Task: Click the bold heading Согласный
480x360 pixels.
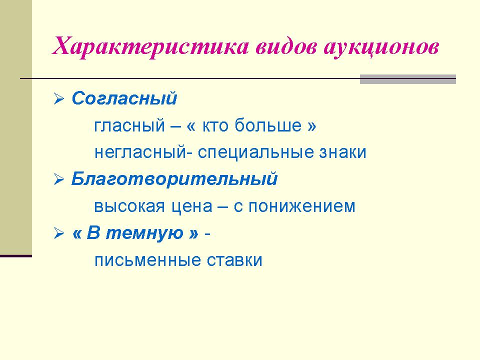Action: coord(124,98)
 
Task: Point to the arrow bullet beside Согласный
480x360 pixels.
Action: coord(59,98)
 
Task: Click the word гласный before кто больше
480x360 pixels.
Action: coord(129,126)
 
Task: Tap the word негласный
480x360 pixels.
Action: coord(140,152)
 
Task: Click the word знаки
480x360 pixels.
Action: coord(343,152)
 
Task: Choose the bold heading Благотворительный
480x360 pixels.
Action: coord(174,178)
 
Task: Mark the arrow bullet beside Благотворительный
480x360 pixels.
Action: coord(59,179)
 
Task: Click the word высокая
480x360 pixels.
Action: coord(129,206)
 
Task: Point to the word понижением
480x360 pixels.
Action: coord(302,206)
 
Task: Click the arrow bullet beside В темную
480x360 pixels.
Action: coord(59,233)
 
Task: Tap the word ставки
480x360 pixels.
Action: coord(234,260)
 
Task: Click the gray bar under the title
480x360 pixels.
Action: coord(408,79)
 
